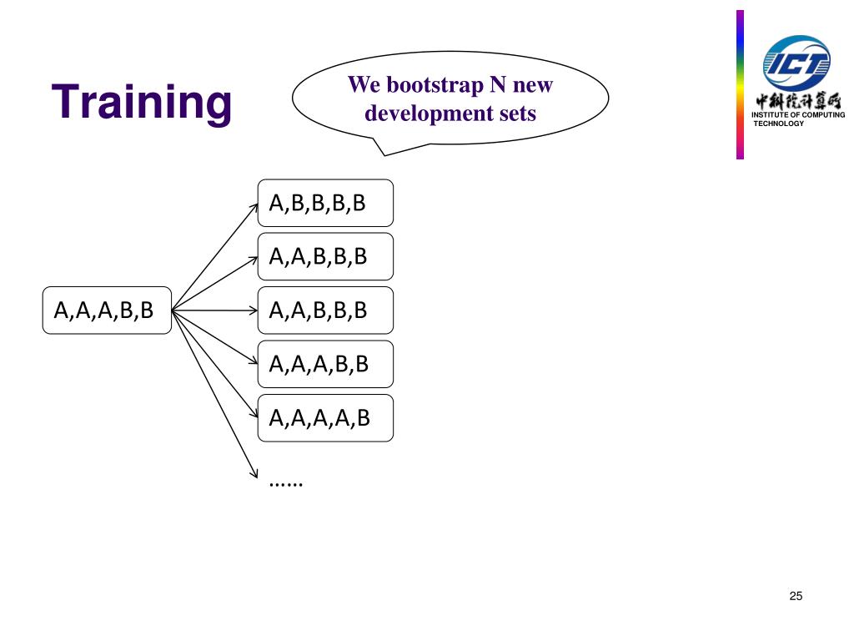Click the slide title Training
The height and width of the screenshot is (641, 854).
(142, 102)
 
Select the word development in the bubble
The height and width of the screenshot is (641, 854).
(425, 113)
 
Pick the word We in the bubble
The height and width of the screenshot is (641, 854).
(363, 85)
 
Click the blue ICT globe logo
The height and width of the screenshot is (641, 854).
(796, 62)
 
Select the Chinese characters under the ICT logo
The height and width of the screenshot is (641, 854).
(798, 102)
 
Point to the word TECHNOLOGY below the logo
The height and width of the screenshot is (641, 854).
(778, 124)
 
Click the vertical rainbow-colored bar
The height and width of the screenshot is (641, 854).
(740, 83)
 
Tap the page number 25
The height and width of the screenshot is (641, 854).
(795, 596)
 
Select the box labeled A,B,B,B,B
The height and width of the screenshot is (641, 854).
(325, 203)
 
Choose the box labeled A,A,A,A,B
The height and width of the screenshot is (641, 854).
(325, 418)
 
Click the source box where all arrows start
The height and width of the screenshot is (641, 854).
(107, 310)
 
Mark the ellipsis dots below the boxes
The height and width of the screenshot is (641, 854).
(286, 482)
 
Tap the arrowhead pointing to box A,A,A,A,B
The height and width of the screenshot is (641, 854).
(254, 415)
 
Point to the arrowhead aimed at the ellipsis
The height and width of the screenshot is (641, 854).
(254, 474)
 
